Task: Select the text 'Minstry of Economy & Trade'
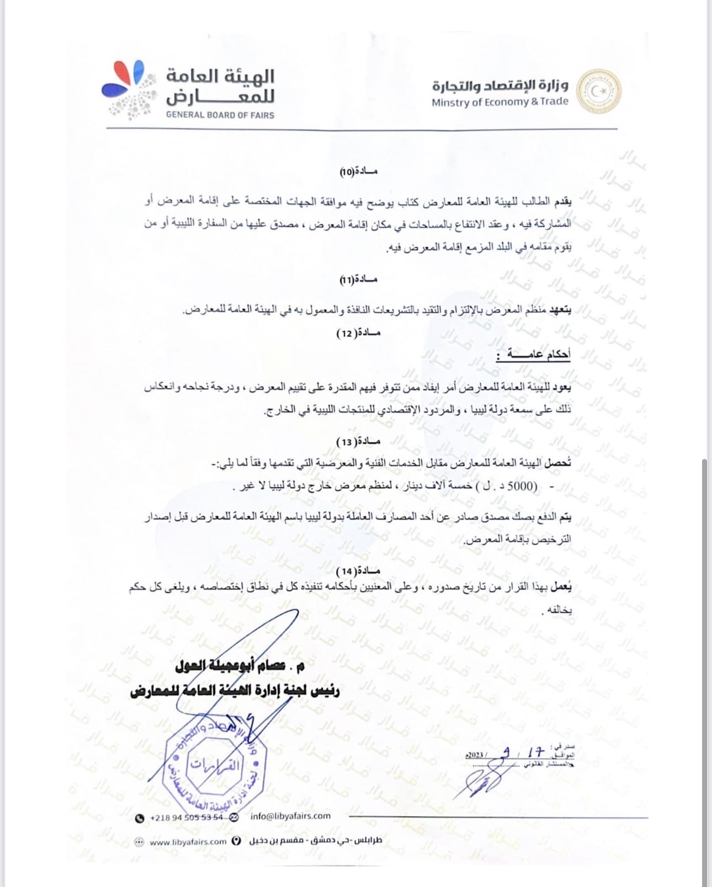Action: pos(500,102)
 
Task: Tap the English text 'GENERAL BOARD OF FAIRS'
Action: pos(220,115)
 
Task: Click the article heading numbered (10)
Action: pos(359,172)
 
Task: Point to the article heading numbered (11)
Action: pos(359,280)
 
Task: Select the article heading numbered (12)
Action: pos(359,333)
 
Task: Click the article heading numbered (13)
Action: pos(359,442)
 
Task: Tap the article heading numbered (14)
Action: pos(359,570)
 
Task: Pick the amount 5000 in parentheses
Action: pos(519,487)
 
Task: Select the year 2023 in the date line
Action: pos(474,755)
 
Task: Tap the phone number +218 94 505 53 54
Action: pos(187,817)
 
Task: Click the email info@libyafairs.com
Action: pos(290,816)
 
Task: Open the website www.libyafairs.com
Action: pos(188,842)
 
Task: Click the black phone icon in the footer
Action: pos(140,817)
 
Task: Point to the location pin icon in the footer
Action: pos(237,841)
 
